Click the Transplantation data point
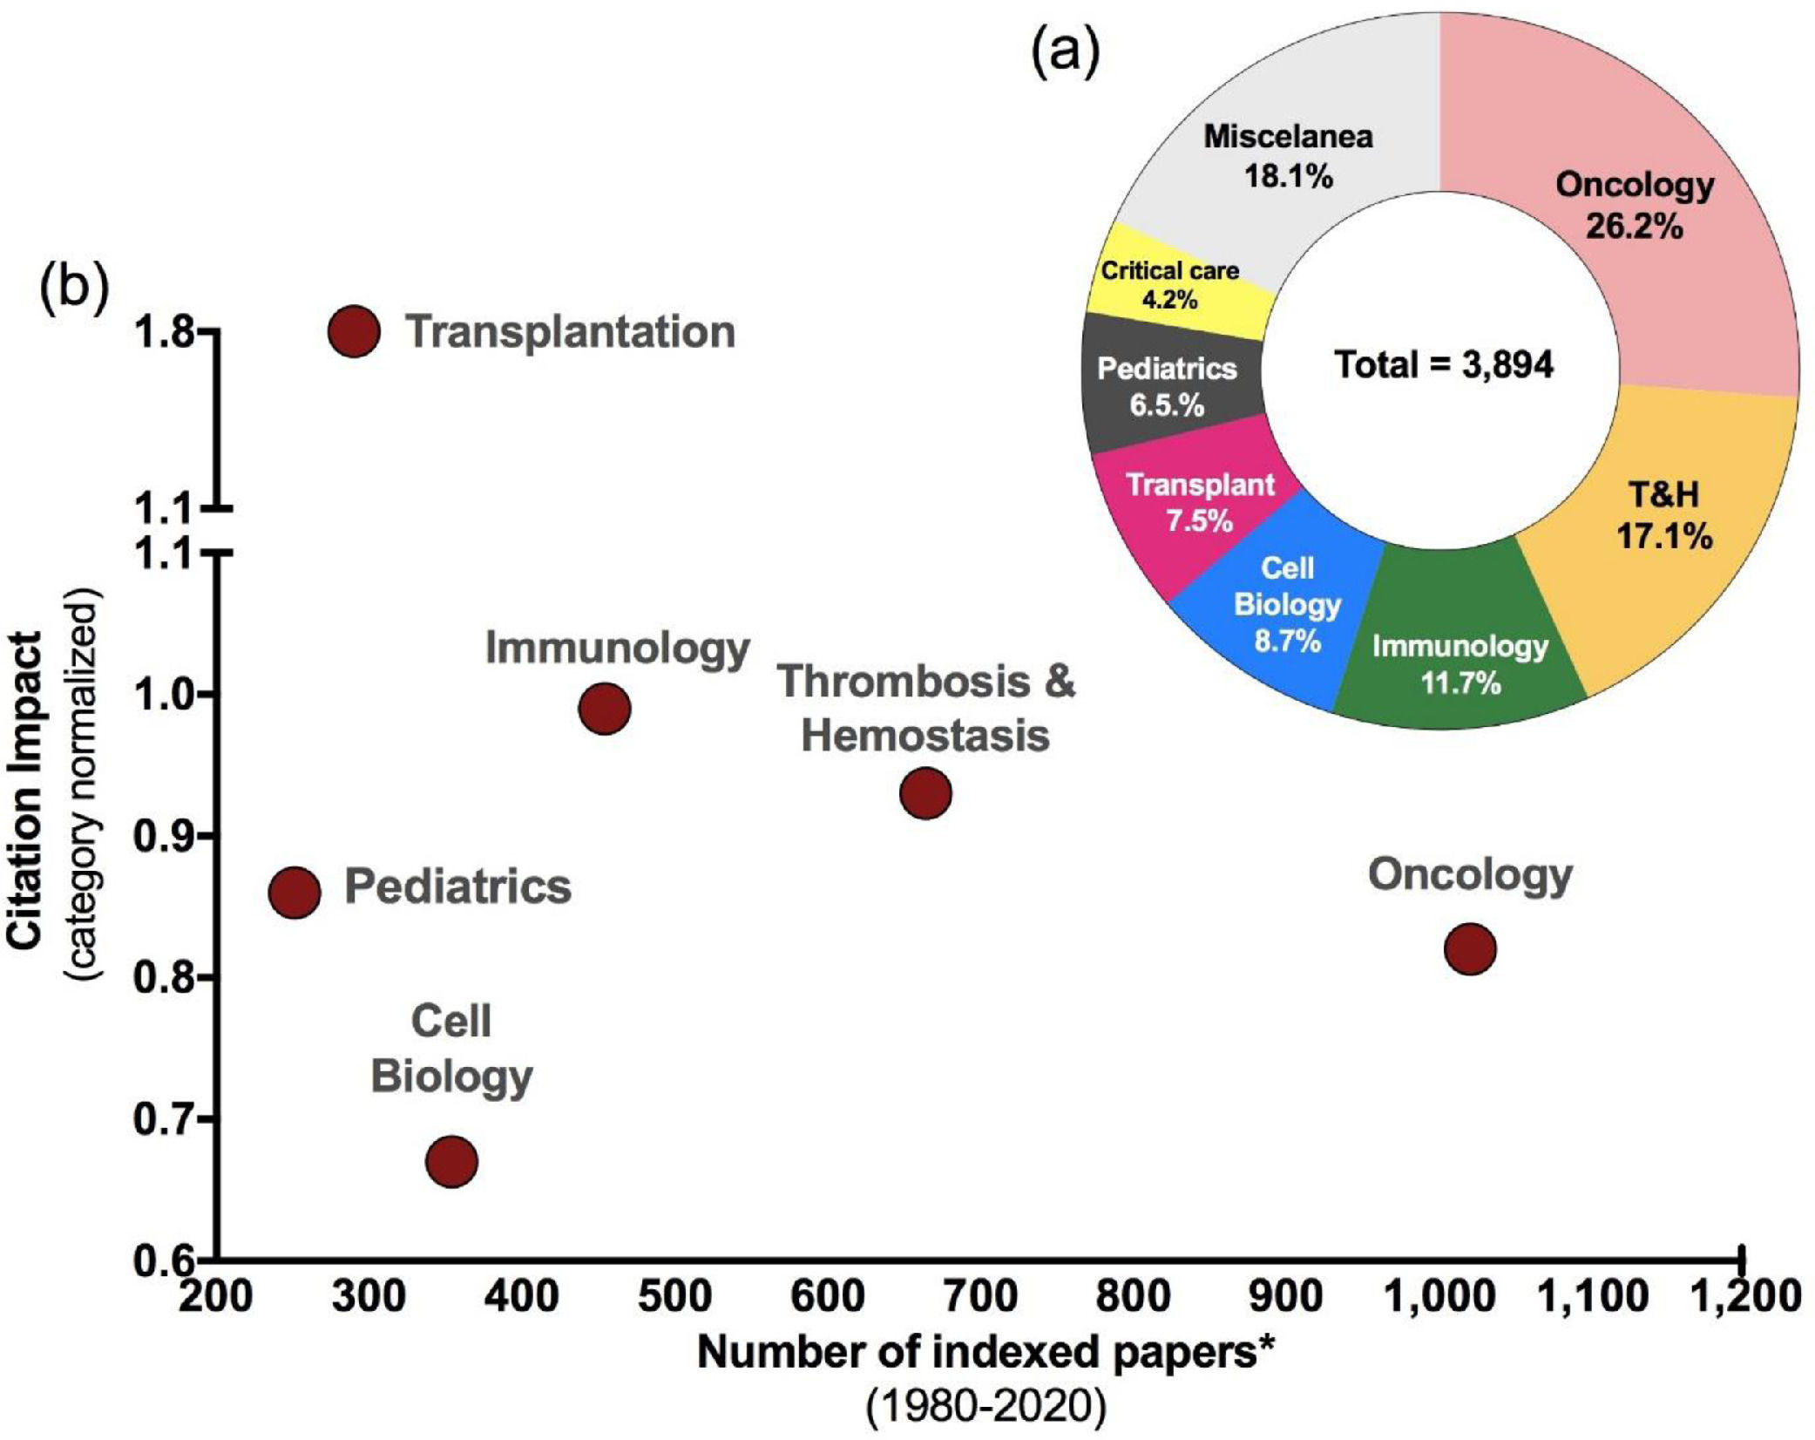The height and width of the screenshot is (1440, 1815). point(354,331)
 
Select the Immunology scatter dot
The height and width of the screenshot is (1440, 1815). point(604,709)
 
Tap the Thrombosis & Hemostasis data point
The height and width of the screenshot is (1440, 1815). point(924,793)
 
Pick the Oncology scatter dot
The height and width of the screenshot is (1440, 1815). point(1470,948)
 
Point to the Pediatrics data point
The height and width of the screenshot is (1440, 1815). point(295,893)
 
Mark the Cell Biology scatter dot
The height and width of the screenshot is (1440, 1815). point(451,1161)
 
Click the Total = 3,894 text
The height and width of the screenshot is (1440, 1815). point(1444,363)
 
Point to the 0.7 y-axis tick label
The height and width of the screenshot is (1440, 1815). point(164,1119)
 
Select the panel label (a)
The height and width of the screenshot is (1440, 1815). point(1066,54)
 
